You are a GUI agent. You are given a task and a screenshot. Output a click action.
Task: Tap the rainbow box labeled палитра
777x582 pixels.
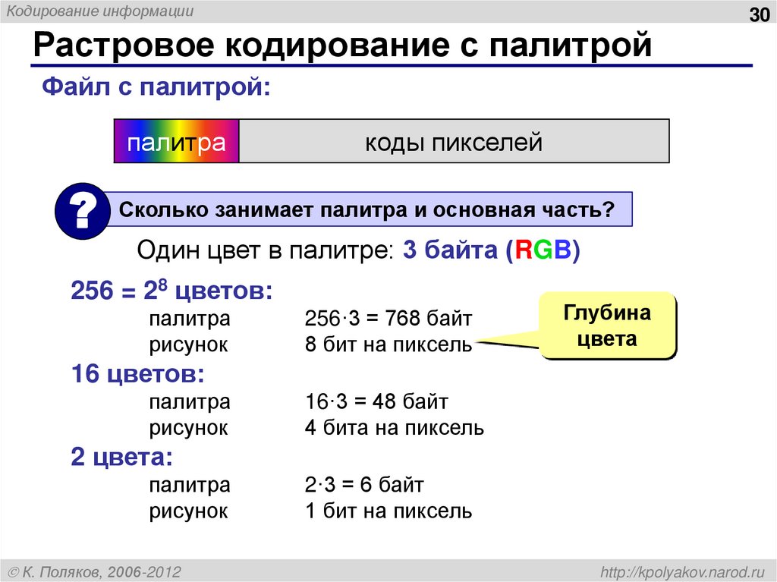pos(176,142)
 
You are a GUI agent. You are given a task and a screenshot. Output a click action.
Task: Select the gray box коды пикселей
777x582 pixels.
pos(454,142)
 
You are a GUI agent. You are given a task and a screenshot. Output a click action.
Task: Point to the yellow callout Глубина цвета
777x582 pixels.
pos(607,326)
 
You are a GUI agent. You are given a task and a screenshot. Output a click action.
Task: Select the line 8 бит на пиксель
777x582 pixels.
pos(388,344)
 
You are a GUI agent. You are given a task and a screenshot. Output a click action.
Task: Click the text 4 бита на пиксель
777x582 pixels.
pos(394,428)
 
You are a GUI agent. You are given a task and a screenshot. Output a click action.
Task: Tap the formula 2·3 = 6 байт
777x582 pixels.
pos(364,483)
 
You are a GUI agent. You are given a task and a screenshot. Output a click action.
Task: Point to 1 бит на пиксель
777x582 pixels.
pos(388,511)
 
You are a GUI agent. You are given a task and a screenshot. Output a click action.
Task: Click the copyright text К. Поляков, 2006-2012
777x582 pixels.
pos(95,571)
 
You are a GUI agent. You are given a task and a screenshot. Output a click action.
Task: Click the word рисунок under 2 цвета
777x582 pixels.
pos(188,511)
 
